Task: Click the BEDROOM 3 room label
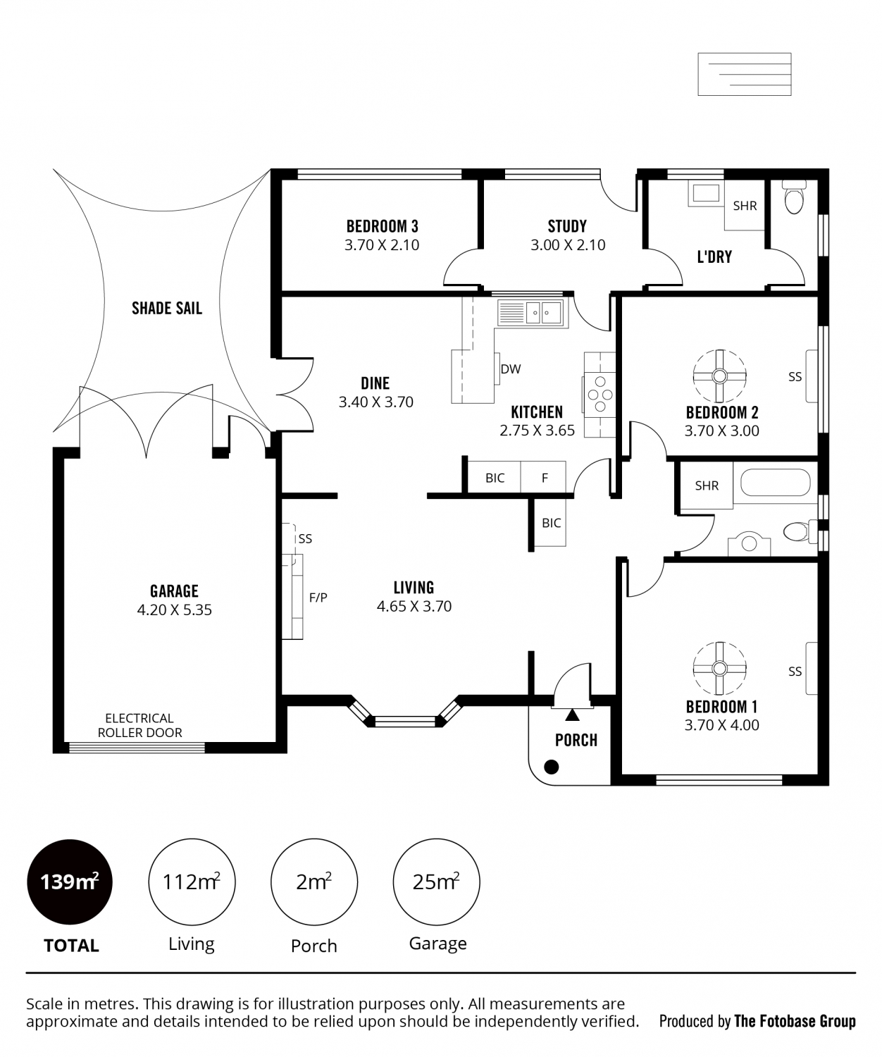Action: click(x=382, y=225)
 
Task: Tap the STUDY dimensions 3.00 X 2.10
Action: click(x=568, y=245)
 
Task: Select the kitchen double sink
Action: click(x=530, y=312)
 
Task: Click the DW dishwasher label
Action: click(x=510, y=369)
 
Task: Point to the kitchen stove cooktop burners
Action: click(x=600, y=395)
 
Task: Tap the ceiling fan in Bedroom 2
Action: click(x=719, y=376)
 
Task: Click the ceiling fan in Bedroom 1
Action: click(x=719, y=668)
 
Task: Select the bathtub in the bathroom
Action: click(x=775, y=483)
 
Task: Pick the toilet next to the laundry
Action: click(x=794, y=198)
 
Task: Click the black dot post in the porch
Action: click(x=551, y=767)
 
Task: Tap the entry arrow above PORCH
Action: click(x=572, y=715)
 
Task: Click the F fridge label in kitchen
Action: click(x=545, y=478)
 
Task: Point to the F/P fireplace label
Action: click(x=318, y=598)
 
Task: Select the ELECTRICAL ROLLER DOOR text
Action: click(x=139, y=725)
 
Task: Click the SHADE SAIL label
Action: click(x=167, y=308)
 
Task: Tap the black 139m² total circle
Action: click(x=70, y=882)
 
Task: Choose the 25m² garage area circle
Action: click(x=436, y=882)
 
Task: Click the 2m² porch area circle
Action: click(x=313, y=882)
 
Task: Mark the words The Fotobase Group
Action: click(x=795, y=1021)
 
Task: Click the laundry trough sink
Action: click(x=706, y=193)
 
